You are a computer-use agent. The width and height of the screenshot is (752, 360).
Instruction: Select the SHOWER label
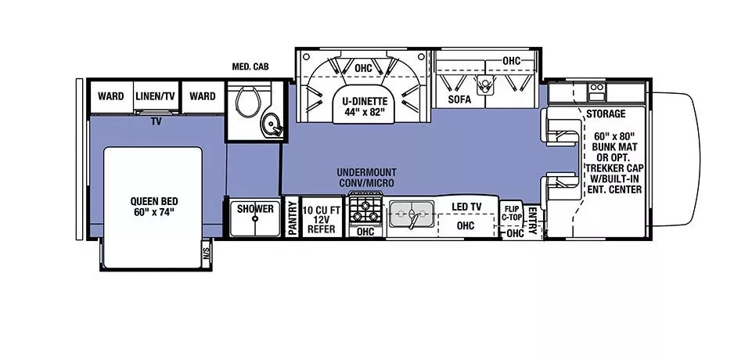tap(255, 209)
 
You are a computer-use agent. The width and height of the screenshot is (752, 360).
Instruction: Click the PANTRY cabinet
tap(292, 218)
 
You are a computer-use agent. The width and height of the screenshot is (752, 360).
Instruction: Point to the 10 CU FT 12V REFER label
tap(321, 219)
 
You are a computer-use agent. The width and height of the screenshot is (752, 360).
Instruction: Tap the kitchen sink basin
tap(412, 212)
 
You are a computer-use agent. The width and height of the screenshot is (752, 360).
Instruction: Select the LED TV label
tap(467, 207)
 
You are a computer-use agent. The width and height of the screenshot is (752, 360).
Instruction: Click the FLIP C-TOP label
tap(512, 212)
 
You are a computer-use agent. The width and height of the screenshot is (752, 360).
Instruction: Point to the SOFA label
tap(459, 100)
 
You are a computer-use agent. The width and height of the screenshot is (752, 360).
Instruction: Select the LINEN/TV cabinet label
tap(157, 96)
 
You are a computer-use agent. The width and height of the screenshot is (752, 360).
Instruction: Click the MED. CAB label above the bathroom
tap(250, 67)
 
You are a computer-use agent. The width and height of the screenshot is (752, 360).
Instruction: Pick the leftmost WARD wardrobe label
tap(110, 96)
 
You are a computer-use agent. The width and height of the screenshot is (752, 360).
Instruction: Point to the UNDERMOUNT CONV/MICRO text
tap(366, 177)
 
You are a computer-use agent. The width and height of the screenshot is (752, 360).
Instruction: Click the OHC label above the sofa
tap(511, 61)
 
